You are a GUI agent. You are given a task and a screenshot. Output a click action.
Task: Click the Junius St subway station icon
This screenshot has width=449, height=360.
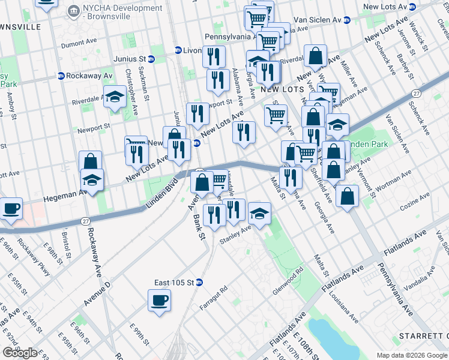point(152,59)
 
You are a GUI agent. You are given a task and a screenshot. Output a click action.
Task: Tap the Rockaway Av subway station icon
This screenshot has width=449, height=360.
point(61,76)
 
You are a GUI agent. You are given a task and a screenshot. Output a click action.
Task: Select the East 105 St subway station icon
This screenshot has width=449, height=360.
point(199,283)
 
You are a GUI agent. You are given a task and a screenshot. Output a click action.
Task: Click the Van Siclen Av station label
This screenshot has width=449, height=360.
point(318,20)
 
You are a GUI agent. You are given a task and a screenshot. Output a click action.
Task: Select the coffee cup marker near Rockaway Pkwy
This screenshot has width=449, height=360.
point(11,209)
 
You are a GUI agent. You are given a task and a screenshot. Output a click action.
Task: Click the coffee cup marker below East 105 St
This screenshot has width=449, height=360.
point(160,301)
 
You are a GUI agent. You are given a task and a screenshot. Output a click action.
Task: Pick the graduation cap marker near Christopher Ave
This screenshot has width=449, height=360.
point(114,97)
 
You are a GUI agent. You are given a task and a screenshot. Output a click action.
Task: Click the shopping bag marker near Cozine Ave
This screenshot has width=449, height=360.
point(347,196)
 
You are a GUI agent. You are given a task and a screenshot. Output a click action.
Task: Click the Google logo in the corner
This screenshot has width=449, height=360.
point(20,353)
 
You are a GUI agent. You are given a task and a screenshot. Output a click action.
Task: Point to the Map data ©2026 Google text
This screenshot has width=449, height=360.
point(411,355)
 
